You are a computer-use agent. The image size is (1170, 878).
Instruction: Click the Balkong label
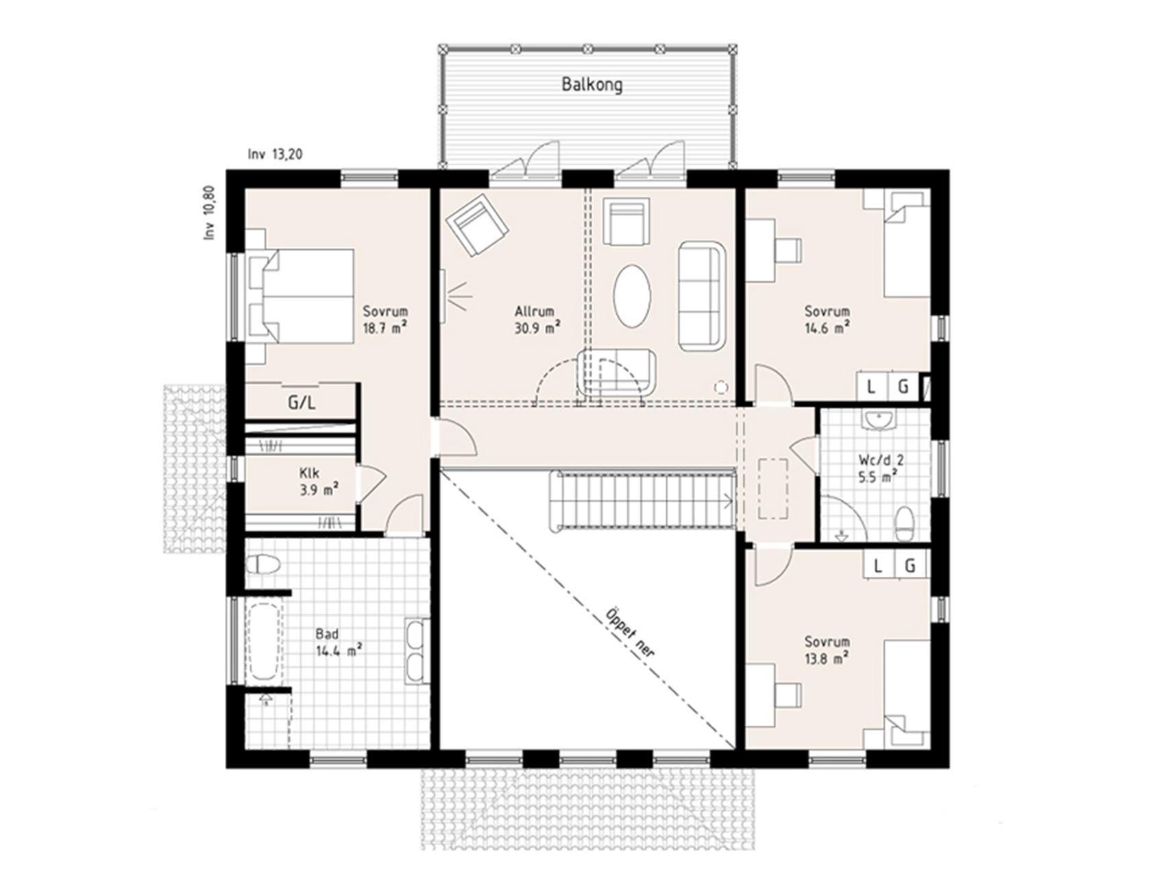tap(592, 85)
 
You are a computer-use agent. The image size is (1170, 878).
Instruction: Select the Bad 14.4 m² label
tap(339, 642)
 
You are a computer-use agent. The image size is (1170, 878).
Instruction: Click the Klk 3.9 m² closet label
tap(319, 481)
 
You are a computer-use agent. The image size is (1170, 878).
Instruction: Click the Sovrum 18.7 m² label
tap(385, 319)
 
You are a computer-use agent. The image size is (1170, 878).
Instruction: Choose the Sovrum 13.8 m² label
tap(827, 650)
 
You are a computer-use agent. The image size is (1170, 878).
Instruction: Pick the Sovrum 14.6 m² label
tap(827, 320)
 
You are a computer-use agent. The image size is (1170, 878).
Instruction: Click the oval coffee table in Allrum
tap(631, 296)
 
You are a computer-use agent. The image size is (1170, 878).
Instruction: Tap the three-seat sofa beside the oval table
tap(701, 296)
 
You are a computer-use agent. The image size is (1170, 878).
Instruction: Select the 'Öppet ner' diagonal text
tap(629, 633)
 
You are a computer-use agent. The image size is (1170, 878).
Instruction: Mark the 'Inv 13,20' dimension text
tap(275, 155)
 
